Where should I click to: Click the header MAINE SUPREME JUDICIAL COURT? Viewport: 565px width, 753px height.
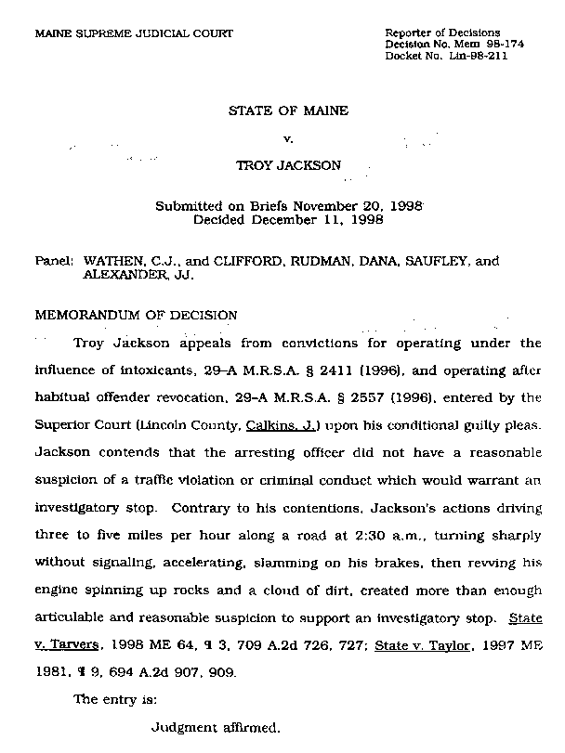(x=134, y=34)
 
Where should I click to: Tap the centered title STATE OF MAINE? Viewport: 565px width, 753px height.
(x=288, y=111)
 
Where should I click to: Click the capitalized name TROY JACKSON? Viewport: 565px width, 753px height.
(x=288, y=165)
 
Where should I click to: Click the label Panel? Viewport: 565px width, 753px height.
(x=55, y=263)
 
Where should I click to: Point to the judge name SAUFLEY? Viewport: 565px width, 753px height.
(x=437, y=263)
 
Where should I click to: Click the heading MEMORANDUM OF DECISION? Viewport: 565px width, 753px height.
(x=136, y=315)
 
